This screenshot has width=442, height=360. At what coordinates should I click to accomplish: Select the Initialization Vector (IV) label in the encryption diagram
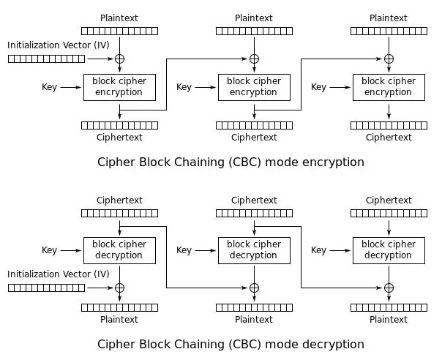(59, 45)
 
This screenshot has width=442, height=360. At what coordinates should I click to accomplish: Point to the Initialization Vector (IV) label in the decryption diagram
(59, 274)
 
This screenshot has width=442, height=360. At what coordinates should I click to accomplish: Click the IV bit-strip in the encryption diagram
(47, 59)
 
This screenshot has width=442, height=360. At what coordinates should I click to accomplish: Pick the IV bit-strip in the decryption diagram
(47, 288)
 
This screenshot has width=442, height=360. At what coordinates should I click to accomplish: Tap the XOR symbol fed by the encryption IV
(120, 59)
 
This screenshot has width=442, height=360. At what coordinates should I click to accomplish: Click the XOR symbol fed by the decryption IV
(120, 288)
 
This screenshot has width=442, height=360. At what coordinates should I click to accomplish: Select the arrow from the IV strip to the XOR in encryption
(100, 59)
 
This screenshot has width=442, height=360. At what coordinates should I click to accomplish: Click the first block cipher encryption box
(119, 87)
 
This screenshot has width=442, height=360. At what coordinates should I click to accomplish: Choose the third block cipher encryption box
(389, 87)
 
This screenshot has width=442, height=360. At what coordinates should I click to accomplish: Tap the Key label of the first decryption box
(49, 250)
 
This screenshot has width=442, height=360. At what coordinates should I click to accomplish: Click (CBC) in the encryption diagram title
(245, 162)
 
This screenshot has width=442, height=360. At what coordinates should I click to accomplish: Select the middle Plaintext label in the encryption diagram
(254, 18)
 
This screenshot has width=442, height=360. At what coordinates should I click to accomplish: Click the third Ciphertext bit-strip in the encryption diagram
(389, 125)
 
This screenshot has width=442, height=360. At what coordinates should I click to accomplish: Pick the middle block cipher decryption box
(254, 251)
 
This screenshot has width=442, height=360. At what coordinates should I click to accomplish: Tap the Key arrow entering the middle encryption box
(206, 87)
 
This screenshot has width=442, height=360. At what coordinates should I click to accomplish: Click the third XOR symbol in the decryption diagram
(389, 288)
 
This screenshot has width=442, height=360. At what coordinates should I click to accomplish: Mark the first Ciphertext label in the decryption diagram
(119, 200)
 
